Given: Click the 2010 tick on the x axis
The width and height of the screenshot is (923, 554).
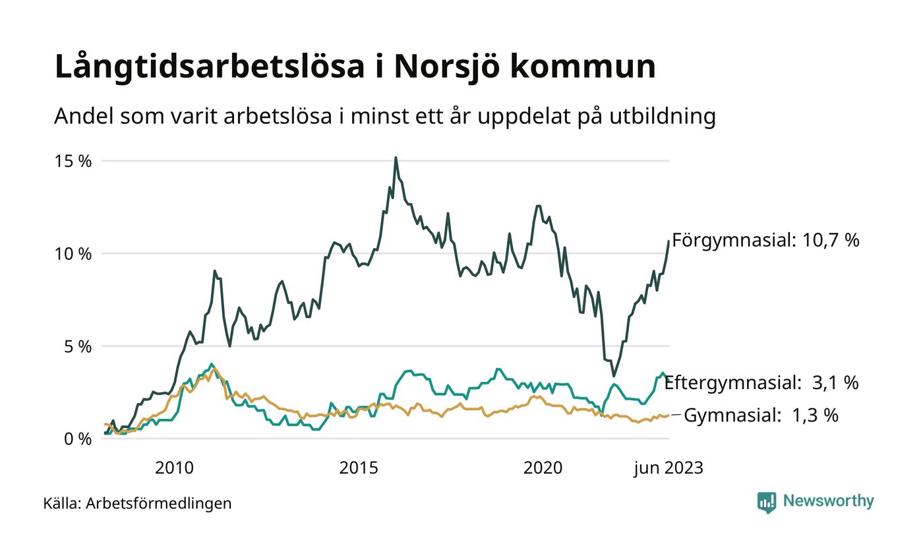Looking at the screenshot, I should [x=174, y=468].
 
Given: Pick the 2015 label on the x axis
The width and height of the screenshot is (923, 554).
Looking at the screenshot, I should [x=359, y=468].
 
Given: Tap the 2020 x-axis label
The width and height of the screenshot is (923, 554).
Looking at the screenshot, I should [x=543, y=468].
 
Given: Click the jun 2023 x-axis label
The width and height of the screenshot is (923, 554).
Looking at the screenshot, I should [x=669, y=468].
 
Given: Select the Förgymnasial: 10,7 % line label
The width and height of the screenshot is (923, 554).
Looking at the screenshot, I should [x=765, y=240].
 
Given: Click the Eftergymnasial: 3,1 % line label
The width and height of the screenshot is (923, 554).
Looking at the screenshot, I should [x=761, y=383].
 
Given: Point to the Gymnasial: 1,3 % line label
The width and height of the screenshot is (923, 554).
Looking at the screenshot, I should [x=761, y=415].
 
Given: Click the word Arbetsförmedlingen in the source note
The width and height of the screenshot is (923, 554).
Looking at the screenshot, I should [x=159, y=503].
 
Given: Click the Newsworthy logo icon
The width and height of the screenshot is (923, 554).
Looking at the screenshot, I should [x=767, y=502].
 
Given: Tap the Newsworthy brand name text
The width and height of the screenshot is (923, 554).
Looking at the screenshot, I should [x=828, y=501].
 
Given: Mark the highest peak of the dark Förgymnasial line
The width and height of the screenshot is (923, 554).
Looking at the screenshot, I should [x=396, y=158].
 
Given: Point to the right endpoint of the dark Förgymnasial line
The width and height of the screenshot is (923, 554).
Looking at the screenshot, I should [x=669, y=241].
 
